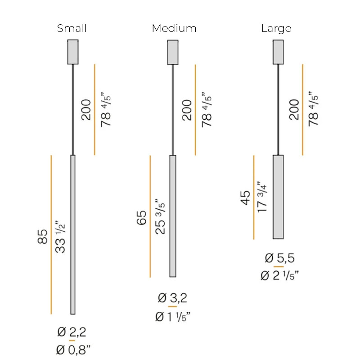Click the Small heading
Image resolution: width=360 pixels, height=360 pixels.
tap(72, 28)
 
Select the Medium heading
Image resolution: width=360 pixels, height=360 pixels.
tap(174, 28)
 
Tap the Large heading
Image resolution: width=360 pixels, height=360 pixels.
tap(276, 28)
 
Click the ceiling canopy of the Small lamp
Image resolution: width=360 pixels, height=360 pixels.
tap(73, 52)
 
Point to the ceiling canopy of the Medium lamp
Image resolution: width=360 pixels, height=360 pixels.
tap(173, 52)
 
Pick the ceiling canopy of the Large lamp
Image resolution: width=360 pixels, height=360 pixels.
tap(278, 52)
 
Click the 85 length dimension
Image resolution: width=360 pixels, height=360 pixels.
tap(42, 237)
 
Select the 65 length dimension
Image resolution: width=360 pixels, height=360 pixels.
tap(142, 218)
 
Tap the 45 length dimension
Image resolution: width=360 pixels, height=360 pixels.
tap(246, 198)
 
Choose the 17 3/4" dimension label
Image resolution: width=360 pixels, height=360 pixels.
tap(263, 197)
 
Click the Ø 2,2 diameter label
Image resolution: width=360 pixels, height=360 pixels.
tap(72, 333)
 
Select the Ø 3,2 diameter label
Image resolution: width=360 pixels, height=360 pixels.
tap(172, 298)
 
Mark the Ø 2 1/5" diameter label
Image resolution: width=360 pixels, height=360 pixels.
tap(280, 275)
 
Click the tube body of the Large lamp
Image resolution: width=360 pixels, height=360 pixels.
tap(278, 197)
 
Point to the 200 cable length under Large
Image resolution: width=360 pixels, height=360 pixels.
tap(294, 109)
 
